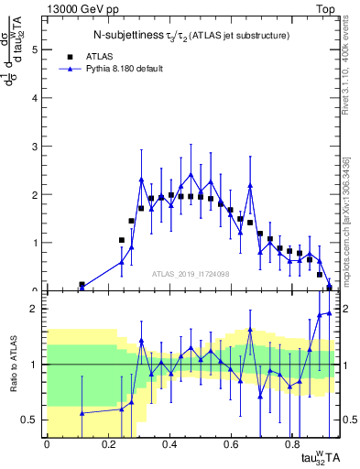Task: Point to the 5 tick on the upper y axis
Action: click(37, 50)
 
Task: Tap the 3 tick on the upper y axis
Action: click(37, 147)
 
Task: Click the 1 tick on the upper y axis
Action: click(37, 243)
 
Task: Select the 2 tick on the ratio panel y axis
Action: click(37, 309)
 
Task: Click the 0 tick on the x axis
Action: click(47, 444)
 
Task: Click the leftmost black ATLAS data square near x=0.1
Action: click(82, 285)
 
